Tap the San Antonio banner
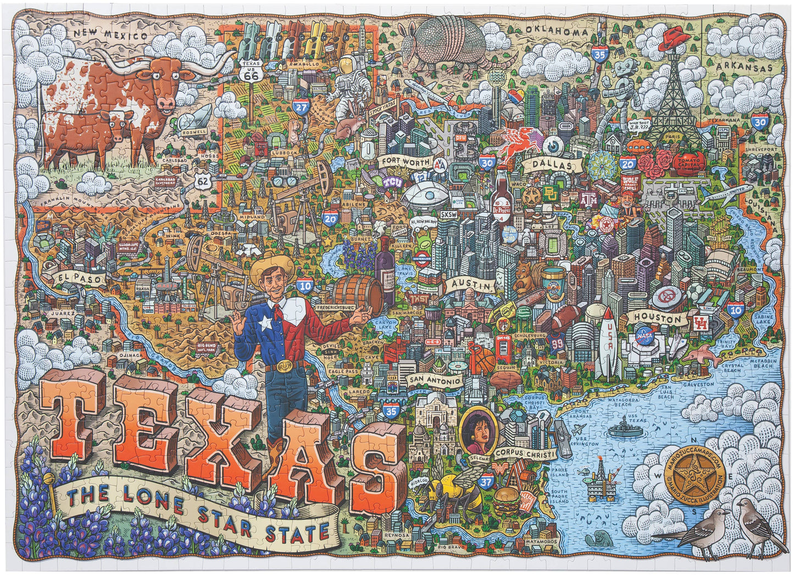pyautogui.click(x=434, y=380)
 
